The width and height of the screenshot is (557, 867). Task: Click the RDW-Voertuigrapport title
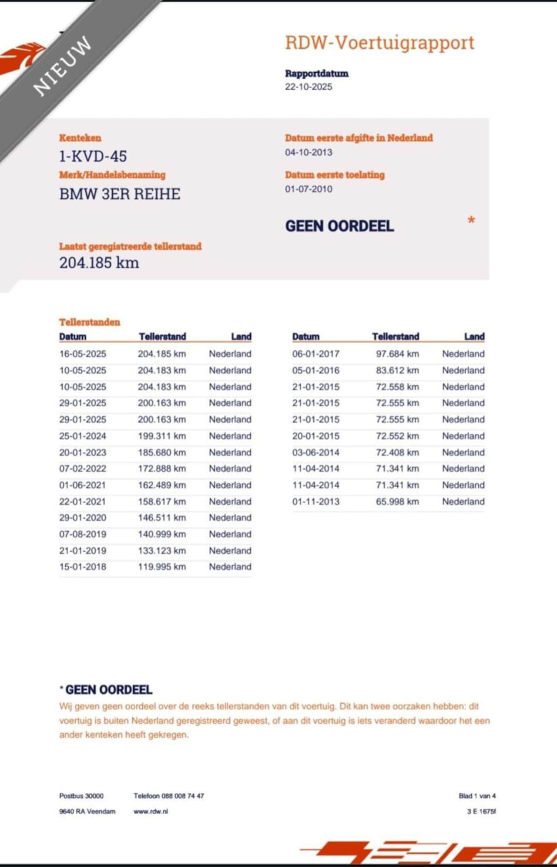click(x=379, y=43)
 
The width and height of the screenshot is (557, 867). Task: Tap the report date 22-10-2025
click(x=309, y=87)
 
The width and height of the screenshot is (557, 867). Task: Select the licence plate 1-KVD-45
click(x=93, y=156)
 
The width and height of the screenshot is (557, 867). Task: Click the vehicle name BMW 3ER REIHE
click(x=120, y=194)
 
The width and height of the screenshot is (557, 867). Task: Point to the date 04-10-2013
click(x=309, y=152)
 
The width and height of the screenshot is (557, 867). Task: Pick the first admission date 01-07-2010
click(x=309, y=189)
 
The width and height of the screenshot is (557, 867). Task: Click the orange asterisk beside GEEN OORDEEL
click(x=471, y=221)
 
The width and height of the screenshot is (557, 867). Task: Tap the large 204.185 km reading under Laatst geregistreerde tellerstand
click(x=99, y=263)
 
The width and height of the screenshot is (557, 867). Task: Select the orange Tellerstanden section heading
click(x=90, y=322)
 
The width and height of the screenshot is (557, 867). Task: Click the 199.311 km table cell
click(x=161, y=436)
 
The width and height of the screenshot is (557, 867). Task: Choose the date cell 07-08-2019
click(x=83, y=534)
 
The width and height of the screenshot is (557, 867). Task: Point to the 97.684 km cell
click(x=397, y=354)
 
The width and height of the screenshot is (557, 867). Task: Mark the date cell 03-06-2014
click(x=315, y=452)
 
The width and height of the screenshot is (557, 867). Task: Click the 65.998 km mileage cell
click(x=397, y=502)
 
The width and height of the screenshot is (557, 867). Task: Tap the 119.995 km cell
click(x=161, y=567)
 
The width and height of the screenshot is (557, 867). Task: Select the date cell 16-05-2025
click(x=83, y=354)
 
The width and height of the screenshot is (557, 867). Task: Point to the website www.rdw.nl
click(x=151, y=811)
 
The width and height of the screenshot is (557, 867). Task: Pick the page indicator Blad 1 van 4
click(x=477, y=796)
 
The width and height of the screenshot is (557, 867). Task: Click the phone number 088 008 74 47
click(x=183, y=796)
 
